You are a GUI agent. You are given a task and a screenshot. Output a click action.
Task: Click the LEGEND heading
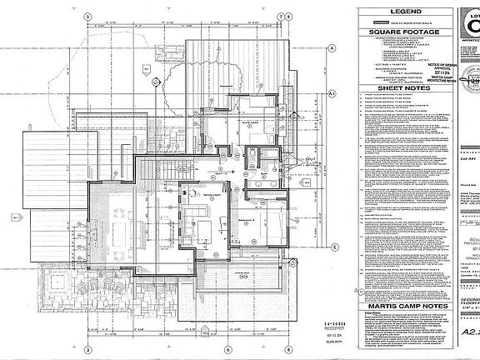click(394, 11)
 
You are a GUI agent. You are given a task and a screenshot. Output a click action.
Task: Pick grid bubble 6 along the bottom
click(225, 347)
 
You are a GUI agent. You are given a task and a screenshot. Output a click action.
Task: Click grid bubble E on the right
click(333, 247)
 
